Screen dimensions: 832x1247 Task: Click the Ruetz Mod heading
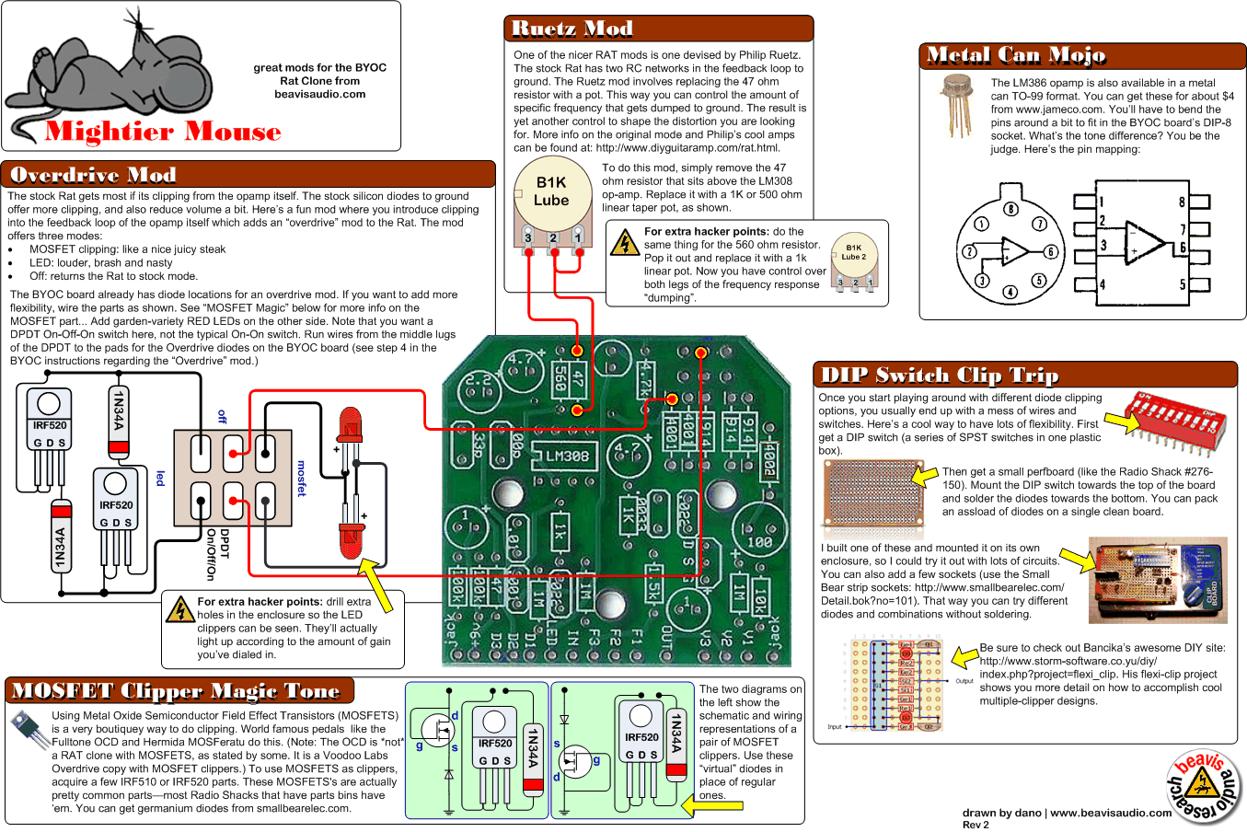point(572,29)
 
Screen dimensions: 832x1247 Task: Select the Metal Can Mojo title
point(1016,56)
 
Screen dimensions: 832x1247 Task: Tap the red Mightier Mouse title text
point(163,132)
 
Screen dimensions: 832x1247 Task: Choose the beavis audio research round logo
point(1203,786)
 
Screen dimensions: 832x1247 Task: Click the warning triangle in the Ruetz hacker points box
point(625,243)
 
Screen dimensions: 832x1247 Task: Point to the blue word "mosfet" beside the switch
point(301,479)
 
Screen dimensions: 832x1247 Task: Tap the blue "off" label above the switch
point(222,417)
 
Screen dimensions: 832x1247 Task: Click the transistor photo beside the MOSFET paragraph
point(30,730)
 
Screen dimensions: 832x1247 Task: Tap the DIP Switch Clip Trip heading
point(939,376)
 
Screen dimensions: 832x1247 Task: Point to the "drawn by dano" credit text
point(1067,813)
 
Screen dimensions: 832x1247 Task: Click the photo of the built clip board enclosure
point(1158,580)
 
